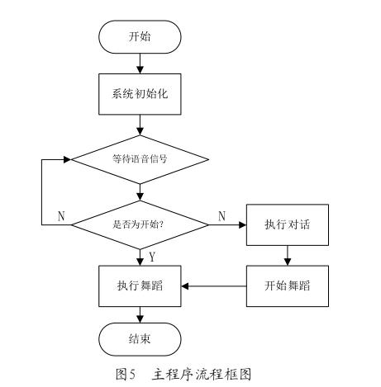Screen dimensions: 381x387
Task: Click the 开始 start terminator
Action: (140, 37)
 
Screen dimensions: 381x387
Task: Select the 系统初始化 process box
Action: (140, 94)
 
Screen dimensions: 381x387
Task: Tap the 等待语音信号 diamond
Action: (140, 159)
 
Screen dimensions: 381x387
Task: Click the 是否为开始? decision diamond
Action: (140, 224)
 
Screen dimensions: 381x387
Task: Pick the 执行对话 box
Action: (288, 224)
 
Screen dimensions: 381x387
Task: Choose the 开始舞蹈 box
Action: (288, 286)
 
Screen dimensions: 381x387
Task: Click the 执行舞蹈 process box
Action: (140, 286)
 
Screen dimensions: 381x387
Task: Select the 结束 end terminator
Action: (140, 339)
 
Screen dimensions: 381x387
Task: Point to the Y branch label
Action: (152, 257)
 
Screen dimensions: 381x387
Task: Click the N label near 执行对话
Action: (222, 216)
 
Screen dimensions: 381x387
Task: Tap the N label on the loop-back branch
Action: (61, 216)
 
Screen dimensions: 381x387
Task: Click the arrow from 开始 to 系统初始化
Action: (140, 64)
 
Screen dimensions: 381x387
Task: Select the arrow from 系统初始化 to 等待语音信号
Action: (140, 125)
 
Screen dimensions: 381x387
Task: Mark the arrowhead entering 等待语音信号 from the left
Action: (68, 159)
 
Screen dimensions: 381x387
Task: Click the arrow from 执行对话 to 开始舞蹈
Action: (288, 256)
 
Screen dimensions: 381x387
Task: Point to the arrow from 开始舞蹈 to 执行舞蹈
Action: (214, 286)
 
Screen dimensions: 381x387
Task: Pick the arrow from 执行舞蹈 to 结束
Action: (140, 314)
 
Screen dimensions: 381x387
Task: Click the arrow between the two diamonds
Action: (140, 192)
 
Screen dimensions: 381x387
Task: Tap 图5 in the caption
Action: (126, 374)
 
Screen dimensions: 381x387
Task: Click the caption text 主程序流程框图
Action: (202, 374)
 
